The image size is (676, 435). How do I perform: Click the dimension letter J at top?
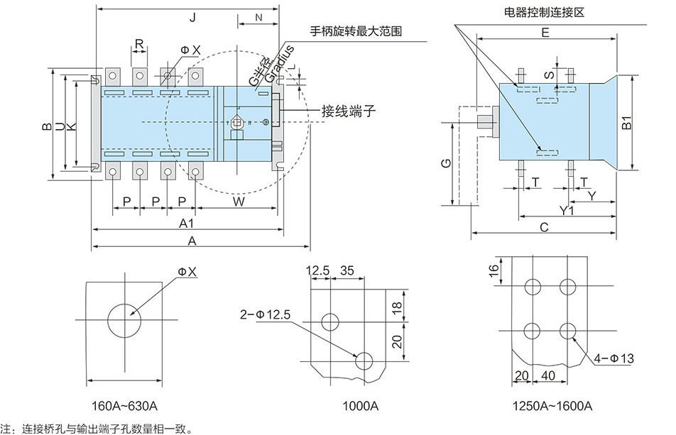point(192,16)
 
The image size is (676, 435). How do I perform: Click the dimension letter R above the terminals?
point(139,44)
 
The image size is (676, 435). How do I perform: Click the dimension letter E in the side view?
point(545,33)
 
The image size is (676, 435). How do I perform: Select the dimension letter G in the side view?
point(443,163)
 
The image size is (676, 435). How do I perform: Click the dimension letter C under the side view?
point(544,227)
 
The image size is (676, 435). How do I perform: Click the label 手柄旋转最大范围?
point(356,31)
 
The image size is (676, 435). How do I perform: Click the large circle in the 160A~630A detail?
point(124,323)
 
